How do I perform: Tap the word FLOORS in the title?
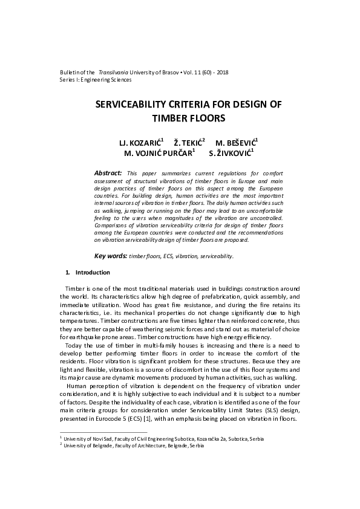click(x=205, y=118)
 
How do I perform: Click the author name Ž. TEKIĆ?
click(x=189, y=143)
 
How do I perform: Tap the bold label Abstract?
click(x=108, y=173)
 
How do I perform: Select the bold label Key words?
click(x=112, y=256)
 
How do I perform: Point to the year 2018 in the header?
click(x=221, y=72)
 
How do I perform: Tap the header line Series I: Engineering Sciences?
click(x=96, y=79)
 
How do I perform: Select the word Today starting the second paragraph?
click(x=73, y=346)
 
